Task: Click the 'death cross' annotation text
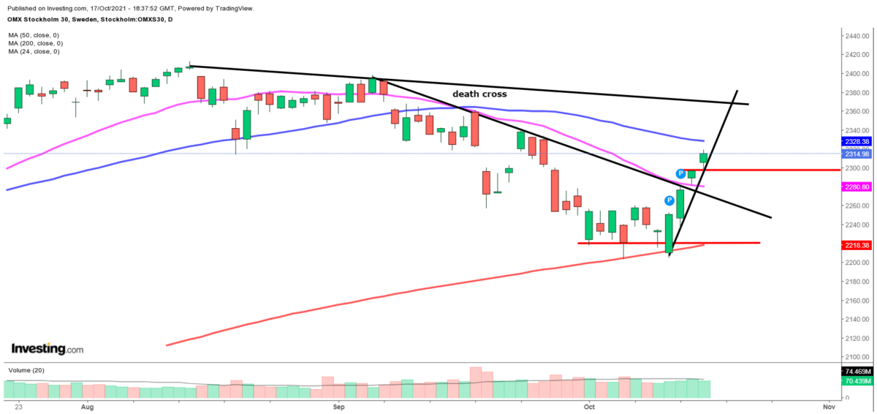pyautogui.click(x=479, y=94)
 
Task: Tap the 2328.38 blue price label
pyautogui.click(x=854, y=141)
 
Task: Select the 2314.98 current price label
pyautogui.click(x=854, y=154)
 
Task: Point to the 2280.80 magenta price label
pyautogui.click(x=854, y=187)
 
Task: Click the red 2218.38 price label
pyautogui.click(x=854, y=245)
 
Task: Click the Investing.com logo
pyautogui.click(x=48, y=349)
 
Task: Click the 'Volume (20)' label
pyautogui.click(x=26, y=371)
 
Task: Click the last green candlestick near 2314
pyautogui.click(x=703, y=157)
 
